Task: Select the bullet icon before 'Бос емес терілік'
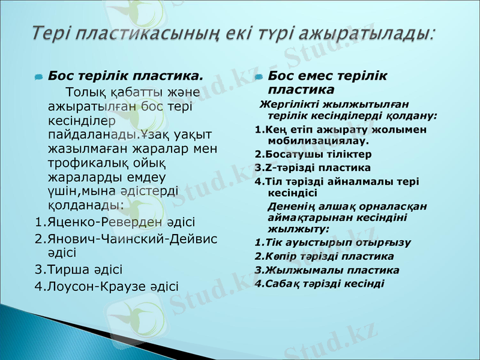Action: click(259, 77)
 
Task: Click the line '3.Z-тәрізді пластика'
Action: click(313, 167)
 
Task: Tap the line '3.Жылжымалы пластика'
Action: click(326, 270)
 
